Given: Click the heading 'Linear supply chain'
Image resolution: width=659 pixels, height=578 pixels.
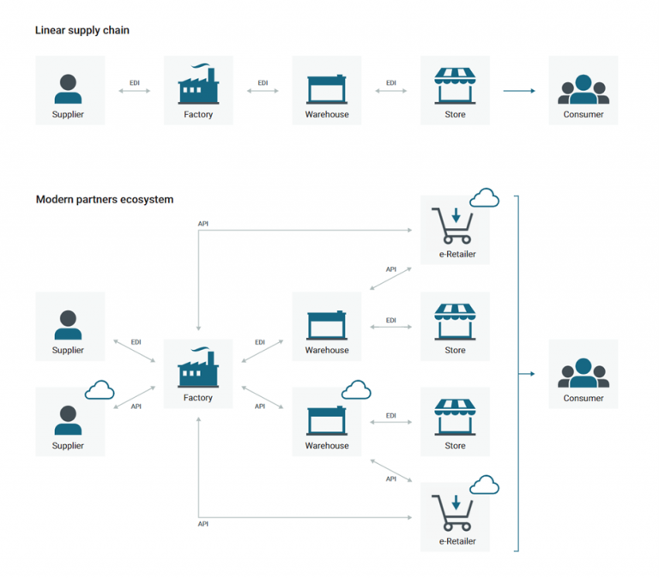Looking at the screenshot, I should coord(82,31).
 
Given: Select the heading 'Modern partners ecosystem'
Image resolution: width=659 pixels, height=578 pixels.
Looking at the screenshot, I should coord(105,199).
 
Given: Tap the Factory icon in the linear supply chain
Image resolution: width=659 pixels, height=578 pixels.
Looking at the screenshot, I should coord(198,85).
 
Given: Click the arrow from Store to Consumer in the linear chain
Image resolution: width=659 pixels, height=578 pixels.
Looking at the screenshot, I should coord(519,91).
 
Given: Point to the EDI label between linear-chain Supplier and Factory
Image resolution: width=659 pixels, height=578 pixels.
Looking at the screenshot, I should coord(135,82).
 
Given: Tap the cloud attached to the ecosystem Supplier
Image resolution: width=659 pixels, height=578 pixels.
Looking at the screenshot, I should coord(100,390).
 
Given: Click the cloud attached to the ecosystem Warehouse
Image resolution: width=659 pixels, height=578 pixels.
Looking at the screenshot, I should coord(356,390).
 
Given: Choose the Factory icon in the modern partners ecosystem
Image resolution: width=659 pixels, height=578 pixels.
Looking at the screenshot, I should coord(197,370).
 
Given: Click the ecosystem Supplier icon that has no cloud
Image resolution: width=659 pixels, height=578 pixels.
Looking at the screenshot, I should coord(69,324).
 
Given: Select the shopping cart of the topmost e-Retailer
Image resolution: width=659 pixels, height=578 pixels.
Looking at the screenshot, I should coord(454,226).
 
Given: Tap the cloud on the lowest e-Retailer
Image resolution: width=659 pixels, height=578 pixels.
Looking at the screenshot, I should coord(484,485).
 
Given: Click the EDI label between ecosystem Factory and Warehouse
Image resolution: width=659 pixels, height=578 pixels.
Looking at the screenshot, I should coord(260,342).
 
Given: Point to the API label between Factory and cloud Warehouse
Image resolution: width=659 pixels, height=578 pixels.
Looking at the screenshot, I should coord(260,406).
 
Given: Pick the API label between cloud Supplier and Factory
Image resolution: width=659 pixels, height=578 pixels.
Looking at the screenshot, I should coord(136,406).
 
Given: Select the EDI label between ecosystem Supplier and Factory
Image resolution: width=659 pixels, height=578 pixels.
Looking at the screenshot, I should coord(136,342).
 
